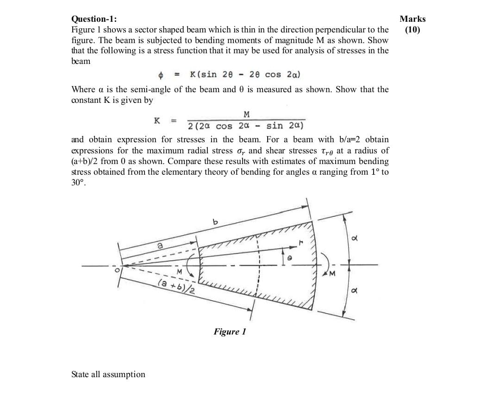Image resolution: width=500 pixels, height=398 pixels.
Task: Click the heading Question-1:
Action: (94, 19)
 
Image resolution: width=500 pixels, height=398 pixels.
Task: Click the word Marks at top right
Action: (412, 19)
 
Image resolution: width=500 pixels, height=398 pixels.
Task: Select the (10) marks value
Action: (412, 30)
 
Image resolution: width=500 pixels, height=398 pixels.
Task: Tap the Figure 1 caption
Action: (230, 332)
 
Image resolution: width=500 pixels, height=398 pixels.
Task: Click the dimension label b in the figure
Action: (215, 222)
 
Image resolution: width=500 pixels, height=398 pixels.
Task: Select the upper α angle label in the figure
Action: (355, 240)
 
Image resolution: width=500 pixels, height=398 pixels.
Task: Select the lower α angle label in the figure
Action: (355, 291)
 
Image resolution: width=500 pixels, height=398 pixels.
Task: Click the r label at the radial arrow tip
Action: (300, 242)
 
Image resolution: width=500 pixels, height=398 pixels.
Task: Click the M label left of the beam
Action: (178, 271)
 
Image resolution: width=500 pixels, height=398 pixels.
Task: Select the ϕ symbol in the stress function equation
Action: (161, 75)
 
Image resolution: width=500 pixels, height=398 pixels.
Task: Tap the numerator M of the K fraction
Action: (246, 114)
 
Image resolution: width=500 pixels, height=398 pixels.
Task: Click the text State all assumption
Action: (108, 374)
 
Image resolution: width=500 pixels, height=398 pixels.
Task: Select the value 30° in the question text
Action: (78, 183)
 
